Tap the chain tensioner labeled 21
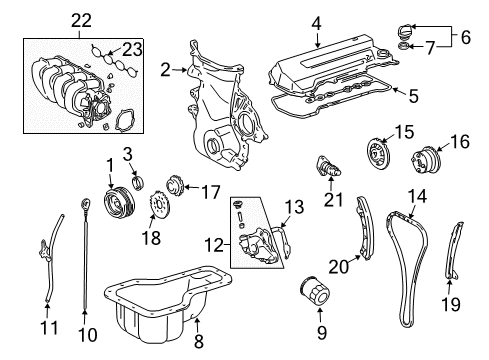pos(328,166)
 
